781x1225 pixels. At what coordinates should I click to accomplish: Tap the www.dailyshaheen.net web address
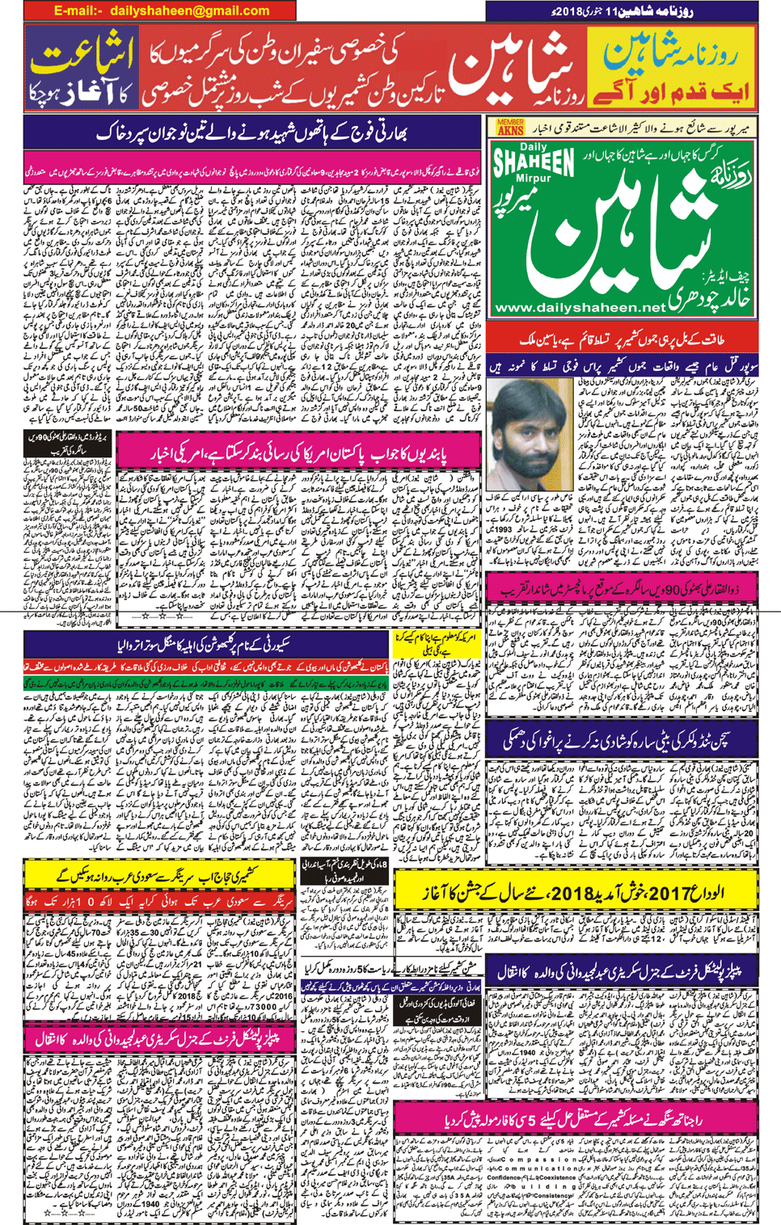tap(579, 308)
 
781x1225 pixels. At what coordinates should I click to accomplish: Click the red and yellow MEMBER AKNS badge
tap(510, 127)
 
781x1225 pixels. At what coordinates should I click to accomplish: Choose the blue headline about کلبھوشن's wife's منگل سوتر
tap(206, 644)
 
